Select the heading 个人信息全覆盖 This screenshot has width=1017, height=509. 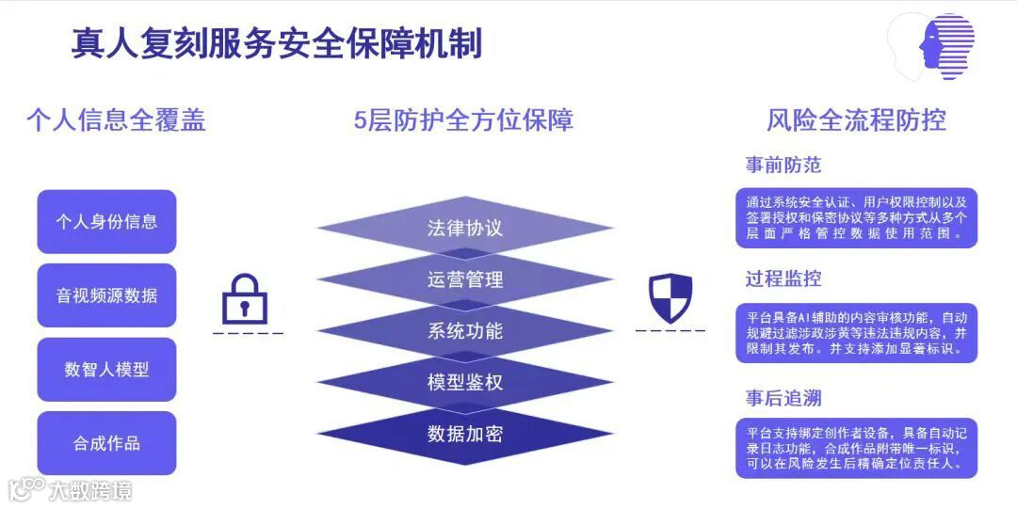115,120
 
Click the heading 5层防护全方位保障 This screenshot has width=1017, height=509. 463,120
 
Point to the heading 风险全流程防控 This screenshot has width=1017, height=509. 856,120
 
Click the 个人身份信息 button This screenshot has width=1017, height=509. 106,222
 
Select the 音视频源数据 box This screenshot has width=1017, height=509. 106,295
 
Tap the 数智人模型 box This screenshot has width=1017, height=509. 106,370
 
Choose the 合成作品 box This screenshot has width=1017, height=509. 106,443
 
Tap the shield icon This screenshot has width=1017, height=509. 670,297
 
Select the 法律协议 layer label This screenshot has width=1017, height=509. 464,229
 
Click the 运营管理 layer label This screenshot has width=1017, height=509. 464,279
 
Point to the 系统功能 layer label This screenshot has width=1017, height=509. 464,331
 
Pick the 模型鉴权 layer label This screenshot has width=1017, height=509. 464,382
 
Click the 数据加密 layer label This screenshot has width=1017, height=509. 464,434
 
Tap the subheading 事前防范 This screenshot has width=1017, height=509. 783,166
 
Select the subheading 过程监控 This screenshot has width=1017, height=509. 783,278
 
